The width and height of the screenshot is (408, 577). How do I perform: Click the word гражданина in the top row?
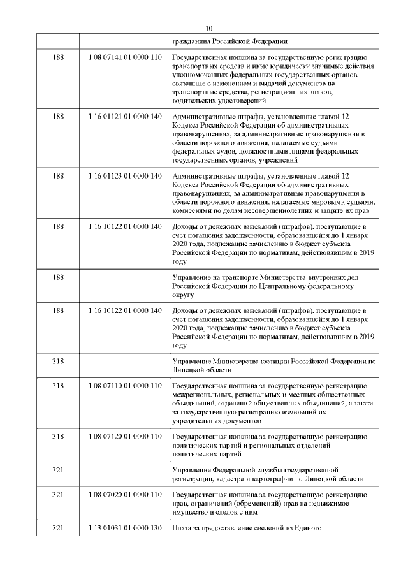tap(192, 41)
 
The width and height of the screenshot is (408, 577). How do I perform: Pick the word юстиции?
tap(276, 362)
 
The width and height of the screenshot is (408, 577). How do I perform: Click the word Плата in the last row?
tap(184, 529)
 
